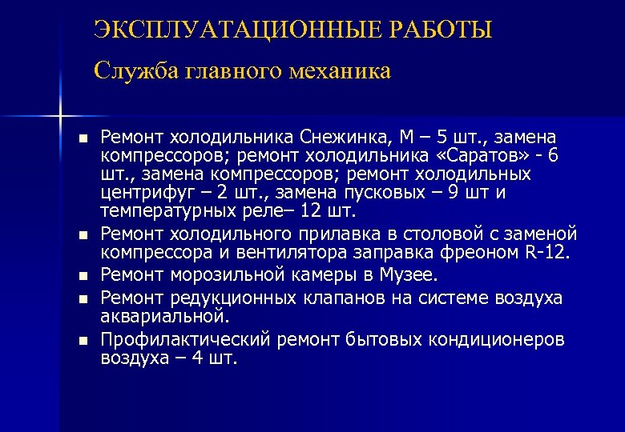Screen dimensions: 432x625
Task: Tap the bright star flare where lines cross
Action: (60, 117)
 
